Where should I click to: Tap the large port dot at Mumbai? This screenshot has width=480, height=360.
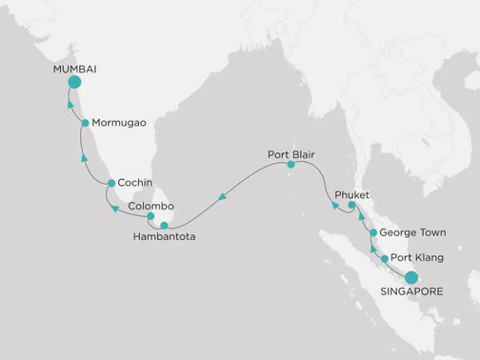pyautogui.click(x=73, y=83)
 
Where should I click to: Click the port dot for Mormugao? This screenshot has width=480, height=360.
pyautogui.click(x=86, y=124)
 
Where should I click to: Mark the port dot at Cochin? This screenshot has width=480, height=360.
pyautogui.click(x=111, y=183)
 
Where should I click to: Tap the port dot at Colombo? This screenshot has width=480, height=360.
pyautogui.click(x=150, y=217)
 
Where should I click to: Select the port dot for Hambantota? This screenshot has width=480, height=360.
pyautogui.click(x=164, y=225)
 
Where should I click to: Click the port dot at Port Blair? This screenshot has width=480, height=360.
pyautogui.click(x=291, y=165)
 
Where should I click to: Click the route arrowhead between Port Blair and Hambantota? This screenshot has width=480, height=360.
pyautogui.click(x=221, y=198)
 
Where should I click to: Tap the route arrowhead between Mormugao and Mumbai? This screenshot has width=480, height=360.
pyautogui.click(x=70, y=104)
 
